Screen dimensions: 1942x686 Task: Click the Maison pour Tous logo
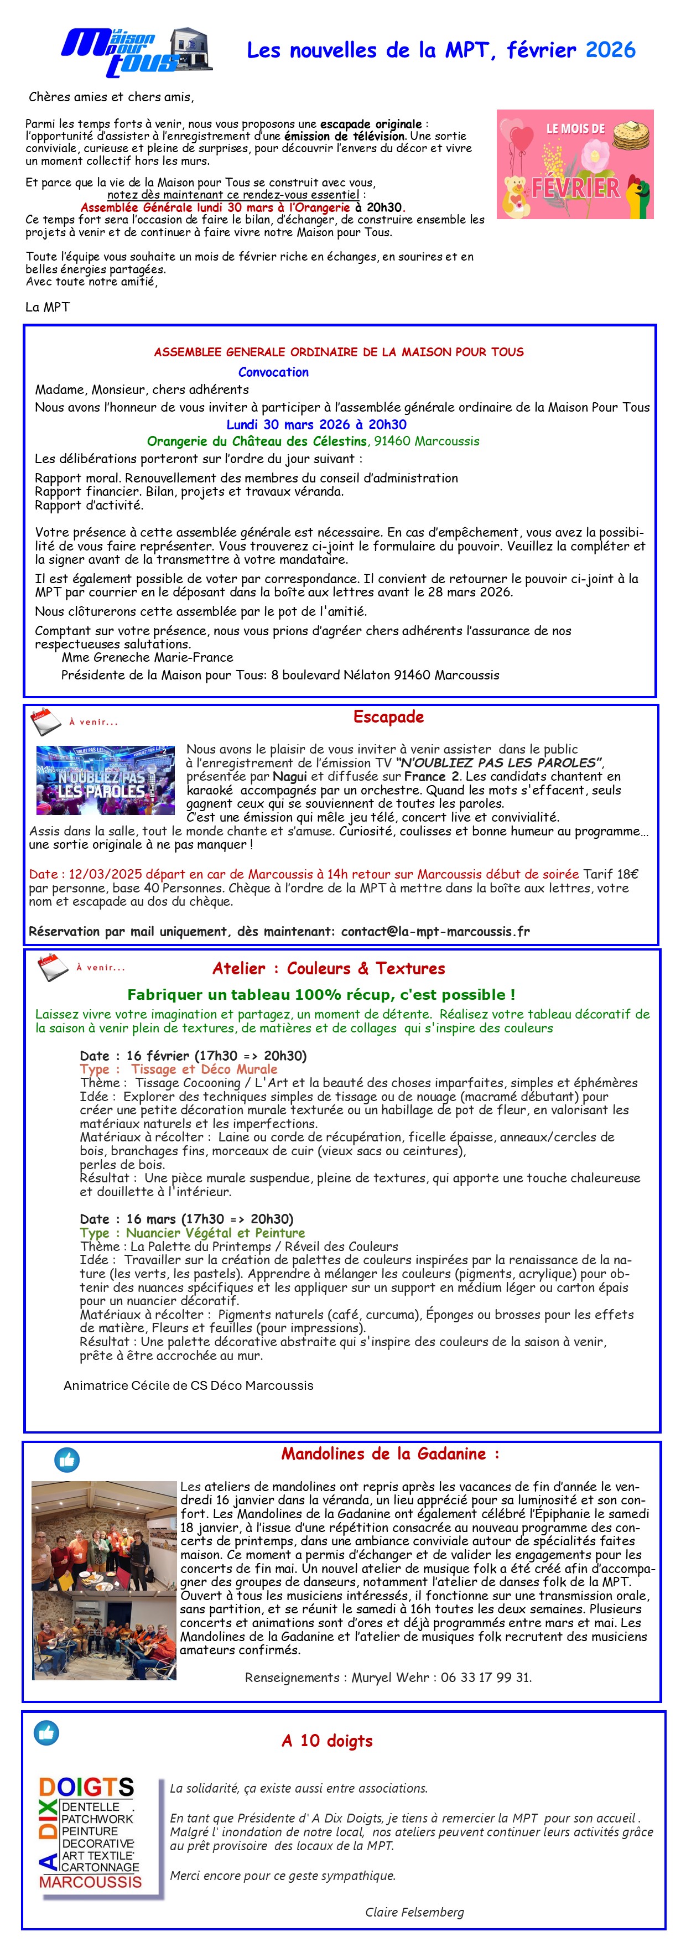[136, 52]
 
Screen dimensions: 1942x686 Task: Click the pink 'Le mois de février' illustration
[574, 164]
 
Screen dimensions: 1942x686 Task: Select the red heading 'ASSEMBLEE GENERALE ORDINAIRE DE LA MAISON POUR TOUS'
[339, 352]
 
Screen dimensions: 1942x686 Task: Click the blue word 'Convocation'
[273, 372]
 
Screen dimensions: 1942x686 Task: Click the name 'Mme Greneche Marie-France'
[148, 657]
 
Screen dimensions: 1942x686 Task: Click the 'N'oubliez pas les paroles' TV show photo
[106, 780]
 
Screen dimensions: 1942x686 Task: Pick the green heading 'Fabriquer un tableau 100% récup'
[321, 994]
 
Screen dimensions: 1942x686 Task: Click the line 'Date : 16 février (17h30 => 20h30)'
[193, 1056]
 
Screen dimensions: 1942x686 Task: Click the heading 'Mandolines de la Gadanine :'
[389, 1453]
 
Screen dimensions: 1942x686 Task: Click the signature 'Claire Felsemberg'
[414, 1911]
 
